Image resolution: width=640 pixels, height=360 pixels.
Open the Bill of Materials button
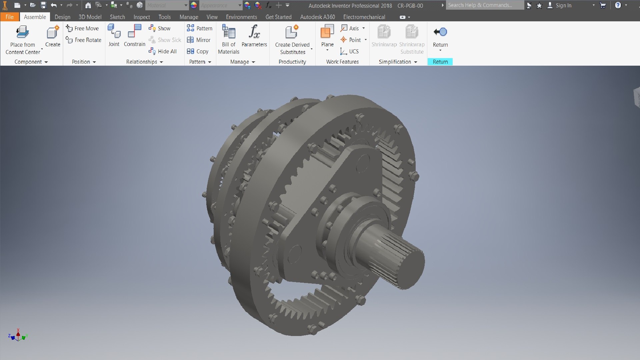click(x=229, y=33)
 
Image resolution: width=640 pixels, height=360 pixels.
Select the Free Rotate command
click(x=84, y=40)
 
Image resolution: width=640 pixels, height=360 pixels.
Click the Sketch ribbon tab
click(x=117, y=17)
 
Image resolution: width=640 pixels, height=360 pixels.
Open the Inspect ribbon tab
click(x=142, y=17)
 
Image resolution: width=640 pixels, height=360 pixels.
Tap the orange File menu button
click(x=9, y=17)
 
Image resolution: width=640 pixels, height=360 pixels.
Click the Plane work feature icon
click(x=327, y=32)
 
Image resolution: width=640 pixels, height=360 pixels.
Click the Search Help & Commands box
click(x=484, y=5)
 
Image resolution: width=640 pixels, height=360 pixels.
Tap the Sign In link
click(x=563, y=5)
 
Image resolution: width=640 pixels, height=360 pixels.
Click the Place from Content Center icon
click(x=22, y=33)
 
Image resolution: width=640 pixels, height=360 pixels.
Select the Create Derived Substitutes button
click(x=292, y=33)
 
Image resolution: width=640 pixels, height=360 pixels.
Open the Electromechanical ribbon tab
click(x=364, y=17)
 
